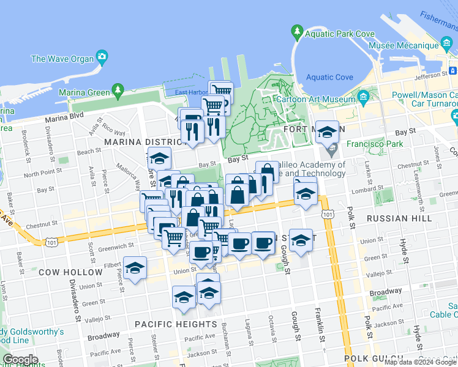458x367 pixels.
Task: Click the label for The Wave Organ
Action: (62, 59)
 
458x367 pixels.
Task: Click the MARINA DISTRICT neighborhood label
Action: (140, 142)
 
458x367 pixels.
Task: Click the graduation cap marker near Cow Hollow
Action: (135, 268)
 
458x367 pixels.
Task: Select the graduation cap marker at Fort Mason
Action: (328, 132)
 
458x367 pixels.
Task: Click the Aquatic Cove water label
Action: (329, 77)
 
